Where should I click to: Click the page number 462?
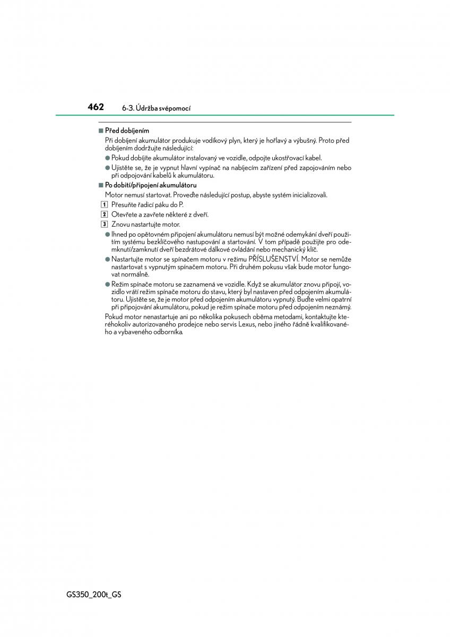pos(96,107)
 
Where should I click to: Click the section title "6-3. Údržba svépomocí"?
pos(156,108)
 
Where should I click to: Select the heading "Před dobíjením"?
pos(127,131)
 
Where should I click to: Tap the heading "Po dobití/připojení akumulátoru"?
pos(151,185)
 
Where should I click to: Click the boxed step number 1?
pos(105,205)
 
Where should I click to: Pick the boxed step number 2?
pos(105,214)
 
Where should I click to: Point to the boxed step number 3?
pos(105,225)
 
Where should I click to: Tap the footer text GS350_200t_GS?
pos(99,595)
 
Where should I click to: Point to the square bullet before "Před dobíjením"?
pos(100,131)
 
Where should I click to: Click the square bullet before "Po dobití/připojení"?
pos(100,185)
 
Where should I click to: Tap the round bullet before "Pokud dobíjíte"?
pos(107,158)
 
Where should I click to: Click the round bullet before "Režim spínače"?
pos(107,285)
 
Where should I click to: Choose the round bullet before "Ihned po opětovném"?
pos(107,234)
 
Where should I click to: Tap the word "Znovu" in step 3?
pos(120,225)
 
